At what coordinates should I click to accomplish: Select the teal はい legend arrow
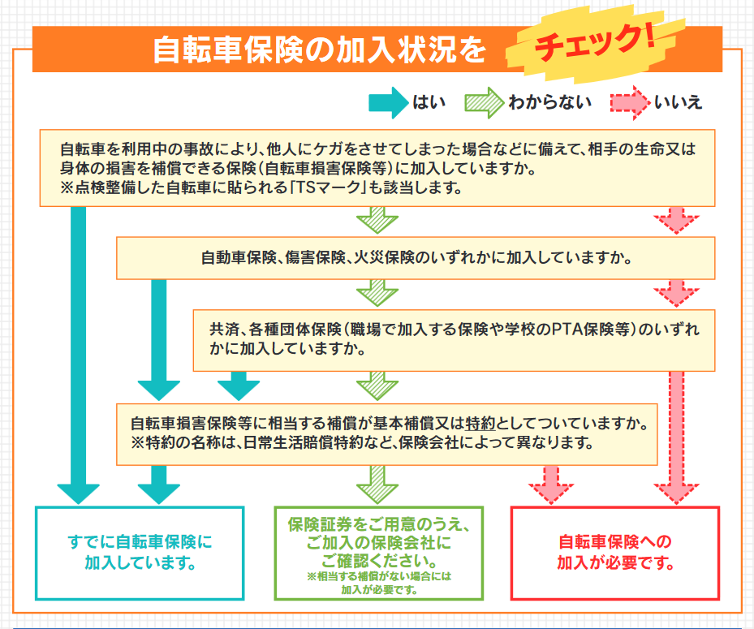click(387, 103)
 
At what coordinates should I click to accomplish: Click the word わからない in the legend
click(549, 103)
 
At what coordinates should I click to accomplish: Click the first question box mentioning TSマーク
click(378, 168)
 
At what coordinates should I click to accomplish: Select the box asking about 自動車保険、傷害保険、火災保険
click(416, 258)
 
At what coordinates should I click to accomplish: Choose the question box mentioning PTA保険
click(454, 339)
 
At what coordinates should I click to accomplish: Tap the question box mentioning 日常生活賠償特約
click(386, 433)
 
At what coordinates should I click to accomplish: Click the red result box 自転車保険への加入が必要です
click(614, 552)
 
